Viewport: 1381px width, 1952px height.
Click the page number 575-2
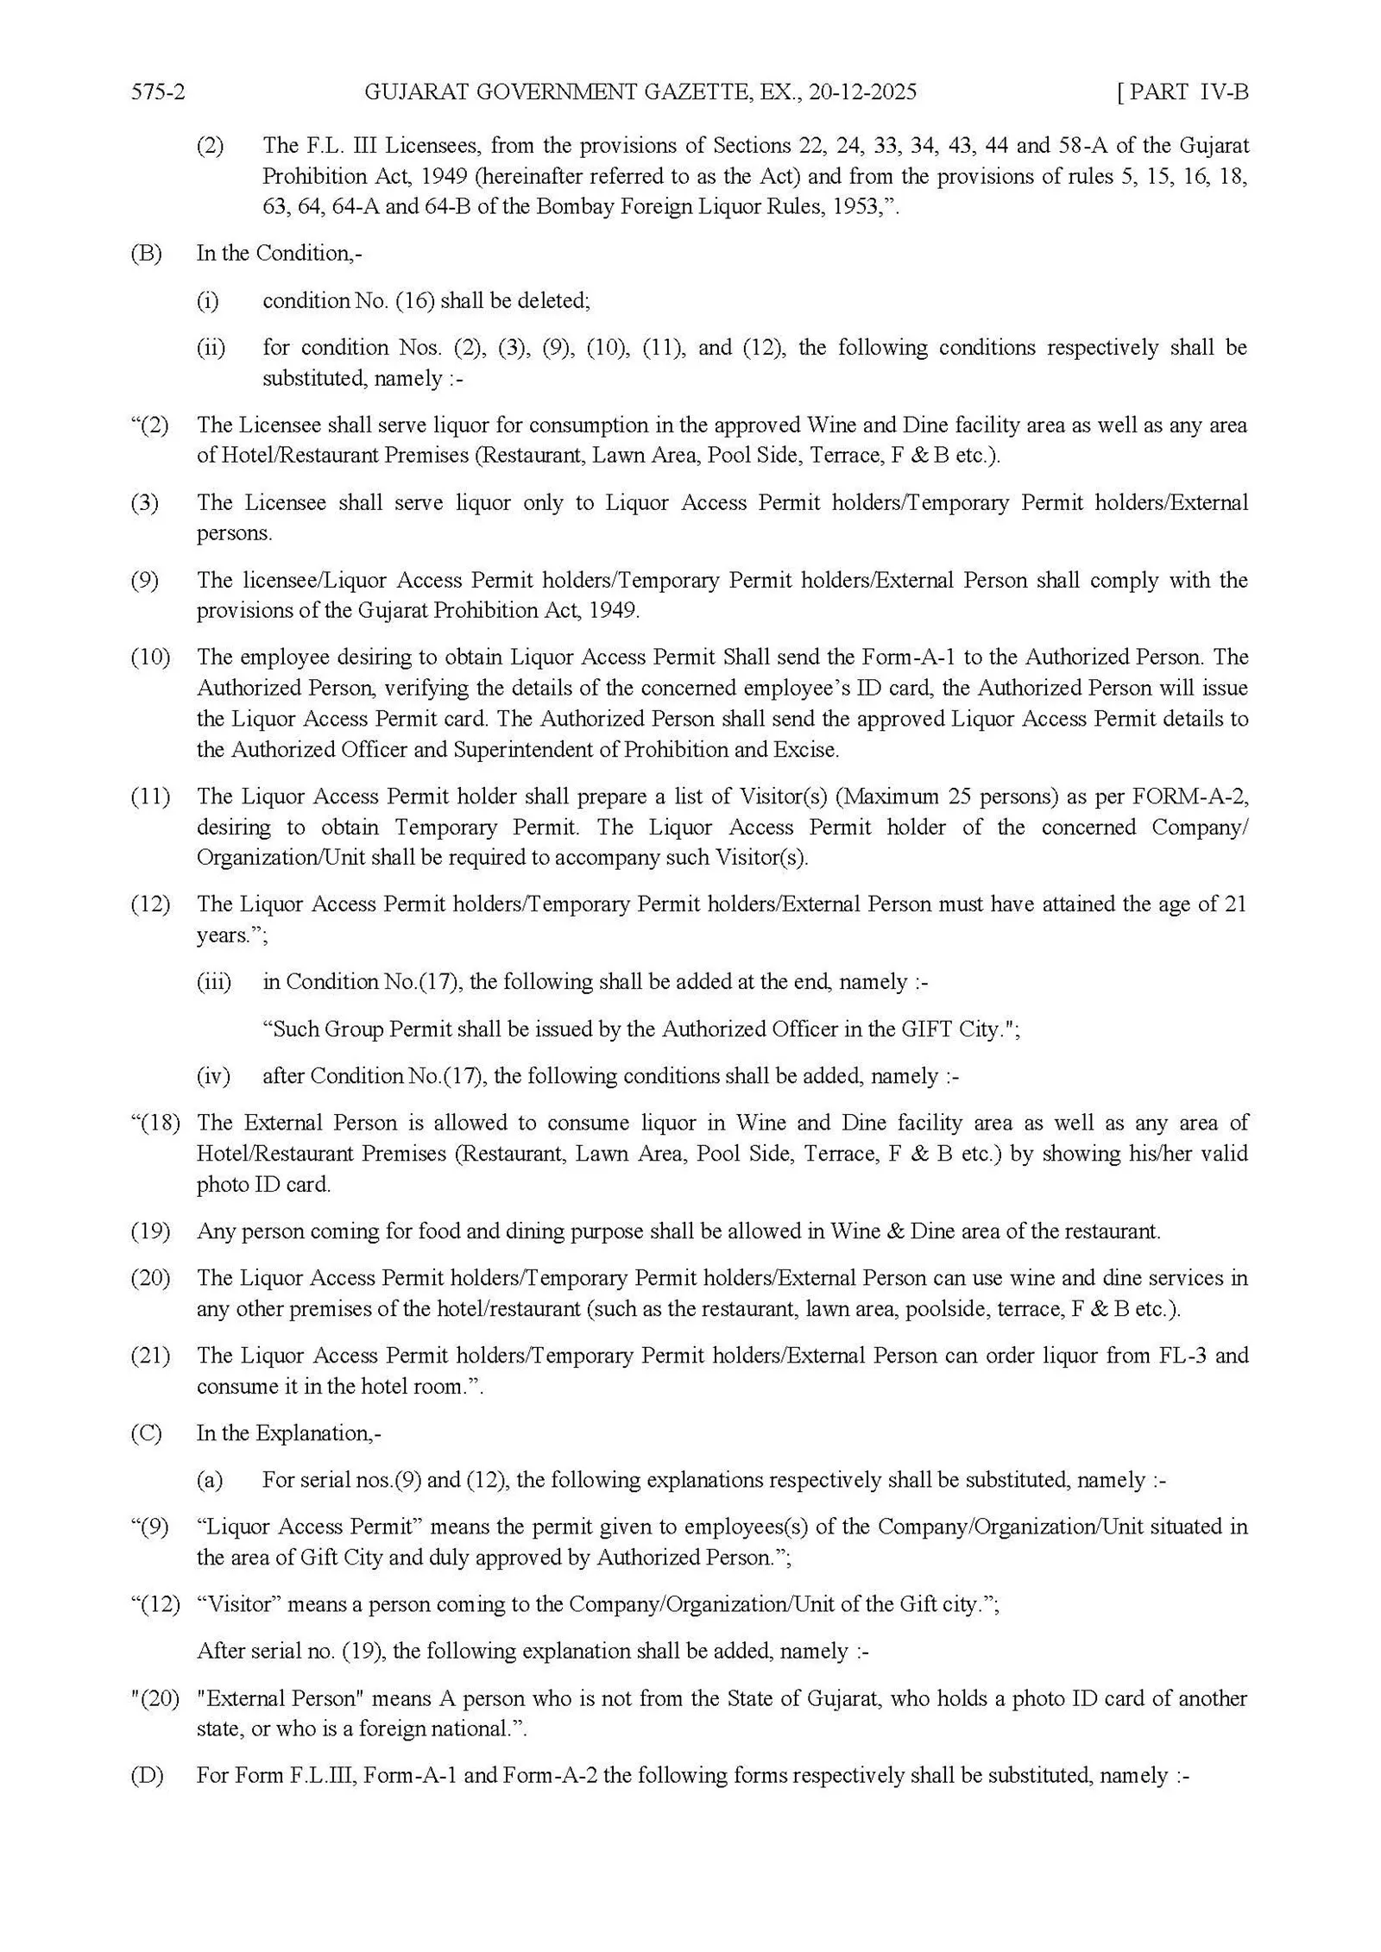tap(158, 92)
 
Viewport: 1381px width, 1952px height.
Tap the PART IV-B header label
tap(1183, 92)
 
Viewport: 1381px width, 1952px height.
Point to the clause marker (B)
tap(146, 254)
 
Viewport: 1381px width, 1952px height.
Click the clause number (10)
tap(150, 658)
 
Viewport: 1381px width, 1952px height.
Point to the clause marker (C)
tap(146, 1433)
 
